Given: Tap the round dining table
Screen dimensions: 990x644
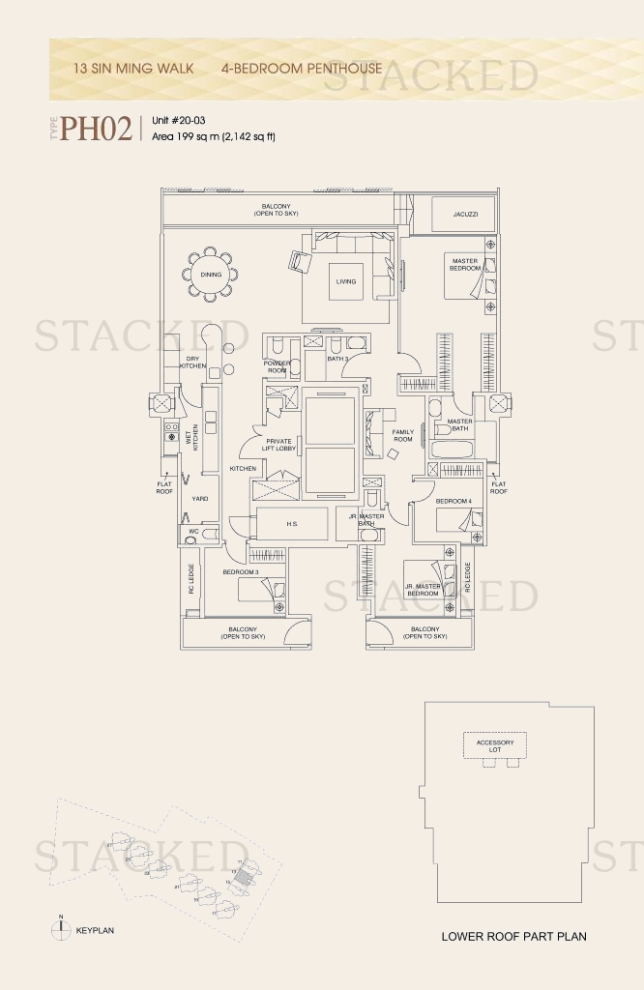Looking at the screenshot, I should click(211, 275).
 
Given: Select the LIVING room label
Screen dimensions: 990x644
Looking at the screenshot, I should click(346, 282).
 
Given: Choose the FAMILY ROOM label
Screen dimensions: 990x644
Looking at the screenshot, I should click(403, 435).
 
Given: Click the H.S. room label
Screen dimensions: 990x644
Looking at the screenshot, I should click(291, 524).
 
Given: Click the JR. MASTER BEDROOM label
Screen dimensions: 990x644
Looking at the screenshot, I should click(424, 589).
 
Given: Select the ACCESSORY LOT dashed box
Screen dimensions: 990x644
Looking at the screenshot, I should click(495, 745).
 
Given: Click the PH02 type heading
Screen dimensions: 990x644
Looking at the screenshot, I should click(96, 129).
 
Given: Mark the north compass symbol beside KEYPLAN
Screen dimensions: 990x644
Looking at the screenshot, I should click(60, 929).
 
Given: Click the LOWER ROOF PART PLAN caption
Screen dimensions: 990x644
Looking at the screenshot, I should click(513, 936).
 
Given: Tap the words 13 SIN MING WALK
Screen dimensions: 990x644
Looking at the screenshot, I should click(133, 69).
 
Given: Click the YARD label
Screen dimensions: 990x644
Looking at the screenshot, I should click(199, 499).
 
